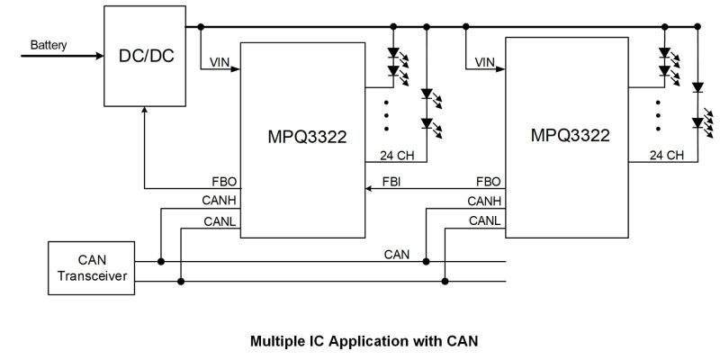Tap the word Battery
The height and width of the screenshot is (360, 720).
[49, 46]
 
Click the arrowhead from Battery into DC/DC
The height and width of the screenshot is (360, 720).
[99, 56]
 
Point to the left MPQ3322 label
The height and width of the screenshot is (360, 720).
[307, 138]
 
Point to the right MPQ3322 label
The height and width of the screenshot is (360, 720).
[571, 136]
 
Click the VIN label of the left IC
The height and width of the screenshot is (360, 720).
[220, 62]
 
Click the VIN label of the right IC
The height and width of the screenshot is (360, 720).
[485, 62]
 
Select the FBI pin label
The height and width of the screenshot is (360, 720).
[391, 182]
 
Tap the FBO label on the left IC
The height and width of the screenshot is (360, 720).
[224, 182]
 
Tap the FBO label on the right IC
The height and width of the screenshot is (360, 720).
[489, 182]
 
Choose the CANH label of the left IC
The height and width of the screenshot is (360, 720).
[219, 201]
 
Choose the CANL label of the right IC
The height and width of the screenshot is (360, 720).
[485, 220]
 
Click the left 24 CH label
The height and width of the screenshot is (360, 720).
[397, 156]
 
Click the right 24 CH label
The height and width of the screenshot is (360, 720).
[666, 156]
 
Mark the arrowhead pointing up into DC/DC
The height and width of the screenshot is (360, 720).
[145, 111]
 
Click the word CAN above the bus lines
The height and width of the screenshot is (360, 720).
[397, 255]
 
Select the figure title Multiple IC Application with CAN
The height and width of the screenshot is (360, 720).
[364, 341]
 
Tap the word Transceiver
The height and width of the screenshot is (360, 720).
[92, 276]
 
